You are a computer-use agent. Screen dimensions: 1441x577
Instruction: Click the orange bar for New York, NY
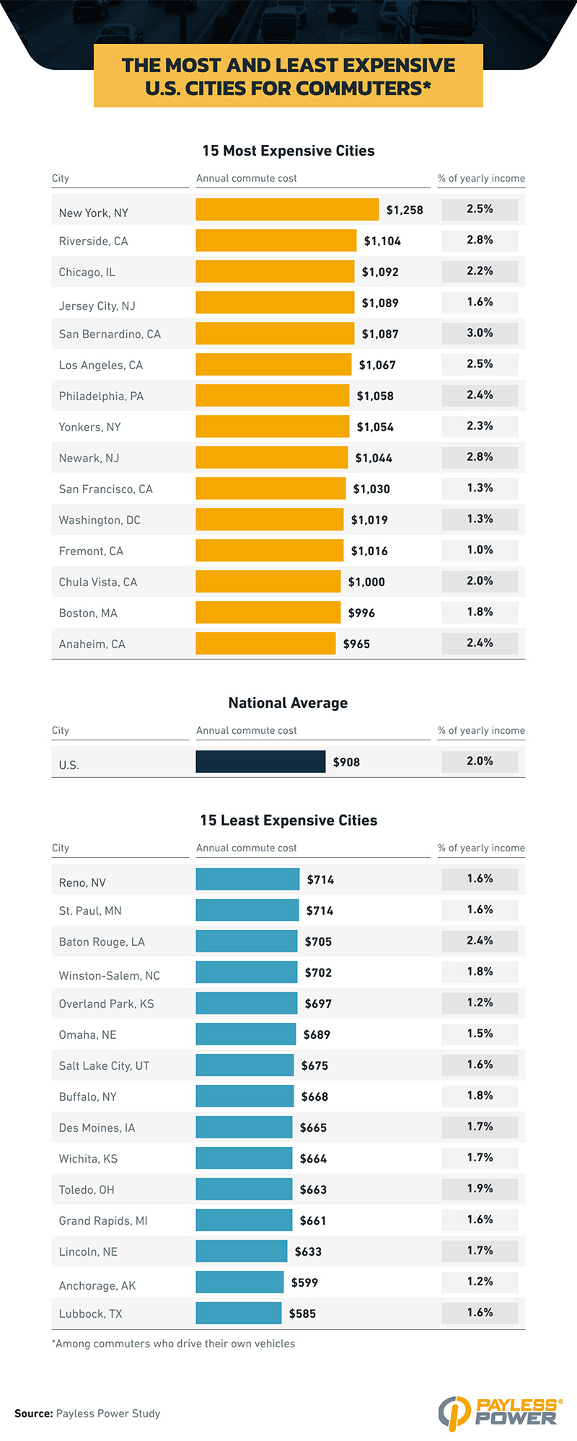287,210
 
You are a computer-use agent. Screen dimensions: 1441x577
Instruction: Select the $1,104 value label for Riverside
382,241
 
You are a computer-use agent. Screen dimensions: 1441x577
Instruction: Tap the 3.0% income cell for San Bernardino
480,333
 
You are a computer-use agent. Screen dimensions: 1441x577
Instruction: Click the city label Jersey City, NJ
97,306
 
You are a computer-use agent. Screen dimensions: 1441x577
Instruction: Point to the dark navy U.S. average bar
260,761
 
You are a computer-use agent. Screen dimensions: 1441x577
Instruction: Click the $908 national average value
346,762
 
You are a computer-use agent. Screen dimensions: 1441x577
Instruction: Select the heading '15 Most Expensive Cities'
288,151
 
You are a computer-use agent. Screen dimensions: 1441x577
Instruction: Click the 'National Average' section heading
288,703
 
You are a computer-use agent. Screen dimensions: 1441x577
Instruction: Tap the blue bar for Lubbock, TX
238,1313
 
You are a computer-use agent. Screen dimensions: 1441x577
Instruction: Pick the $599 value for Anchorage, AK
304,1282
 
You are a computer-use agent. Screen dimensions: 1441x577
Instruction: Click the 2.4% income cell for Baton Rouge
480,941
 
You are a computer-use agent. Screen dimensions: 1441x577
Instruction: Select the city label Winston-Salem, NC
109,975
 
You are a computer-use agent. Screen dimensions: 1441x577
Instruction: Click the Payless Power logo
500,1412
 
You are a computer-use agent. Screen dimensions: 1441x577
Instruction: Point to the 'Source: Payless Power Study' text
87,1414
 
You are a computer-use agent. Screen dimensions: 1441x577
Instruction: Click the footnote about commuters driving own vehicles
173,1344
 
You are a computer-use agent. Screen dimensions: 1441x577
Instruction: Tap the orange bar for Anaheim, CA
265,643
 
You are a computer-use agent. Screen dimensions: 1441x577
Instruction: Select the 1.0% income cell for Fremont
480,550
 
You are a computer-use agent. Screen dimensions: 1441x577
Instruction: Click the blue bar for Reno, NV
247,879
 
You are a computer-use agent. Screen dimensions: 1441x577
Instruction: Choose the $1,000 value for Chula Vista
366,582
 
